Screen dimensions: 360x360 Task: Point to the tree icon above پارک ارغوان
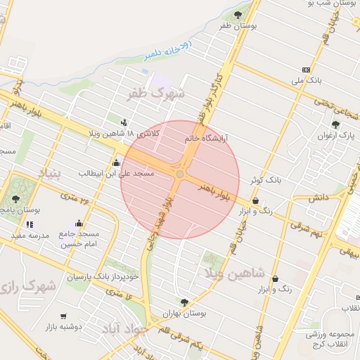click(336, 125)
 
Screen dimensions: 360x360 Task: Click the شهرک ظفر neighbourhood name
click(155, 92)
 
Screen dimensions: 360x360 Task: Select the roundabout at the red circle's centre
click(181, 174)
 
